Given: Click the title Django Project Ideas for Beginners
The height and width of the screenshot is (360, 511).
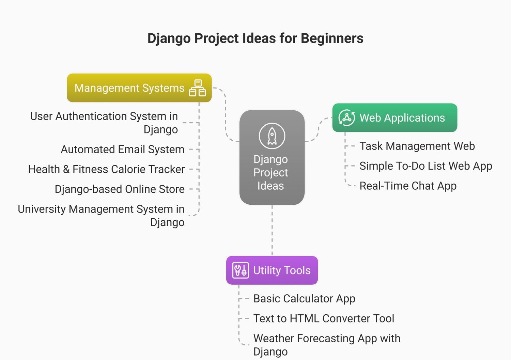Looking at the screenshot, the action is tap(255, 38).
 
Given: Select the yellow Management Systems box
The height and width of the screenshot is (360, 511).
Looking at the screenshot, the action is tap(139, 88).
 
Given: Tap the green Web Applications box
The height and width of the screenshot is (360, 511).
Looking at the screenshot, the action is tap(394, 118).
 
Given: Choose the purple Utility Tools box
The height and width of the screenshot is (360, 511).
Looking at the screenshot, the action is tap(272, 270).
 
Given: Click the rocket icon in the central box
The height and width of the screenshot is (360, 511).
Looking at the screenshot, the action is tap(272, 136).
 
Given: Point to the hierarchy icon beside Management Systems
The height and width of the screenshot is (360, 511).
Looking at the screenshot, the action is tap(198, 88).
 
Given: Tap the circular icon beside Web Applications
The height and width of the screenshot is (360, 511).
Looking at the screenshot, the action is tap(346, 118).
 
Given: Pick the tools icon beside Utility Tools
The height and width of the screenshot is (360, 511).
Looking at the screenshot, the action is tap(241, 270).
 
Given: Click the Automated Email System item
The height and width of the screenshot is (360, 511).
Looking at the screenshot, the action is tap(123, 150).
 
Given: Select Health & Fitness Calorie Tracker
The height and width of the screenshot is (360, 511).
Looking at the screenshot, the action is tap(106, 170).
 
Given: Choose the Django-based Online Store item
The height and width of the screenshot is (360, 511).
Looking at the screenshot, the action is tap(120, 189).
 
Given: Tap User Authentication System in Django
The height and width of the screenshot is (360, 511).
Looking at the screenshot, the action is tap(104, 123).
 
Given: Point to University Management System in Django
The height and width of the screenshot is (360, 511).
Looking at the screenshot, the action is tap(101, 216).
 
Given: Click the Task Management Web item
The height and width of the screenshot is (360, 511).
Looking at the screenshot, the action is tap(417, 146).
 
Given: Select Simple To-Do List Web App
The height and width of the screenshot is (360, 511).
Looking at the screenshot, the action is tap(426, 166).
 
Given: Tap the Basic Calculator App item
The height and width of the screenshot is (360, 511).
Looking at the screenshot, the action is tap(304, 299).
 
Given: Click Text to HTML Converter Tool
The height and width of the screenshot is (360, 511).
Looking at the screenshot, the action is tap(324, 319).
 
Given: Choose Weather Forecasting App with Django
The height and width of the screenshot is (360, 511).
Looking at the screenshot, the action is tap(327, 345).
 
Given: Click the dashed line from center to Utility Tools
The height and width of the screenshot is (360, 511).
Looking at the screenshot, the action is tap(272, 231).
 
